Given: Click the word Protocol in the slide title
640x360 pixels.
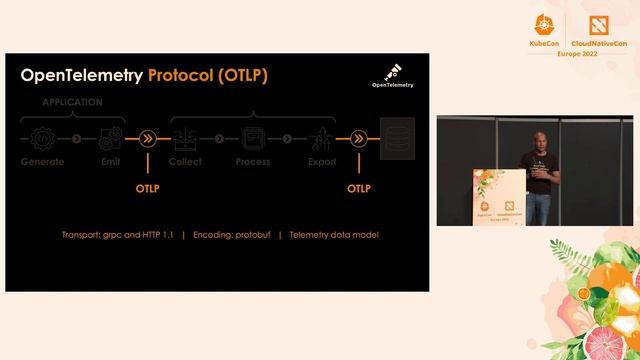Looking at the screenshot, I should (x=184, y=76).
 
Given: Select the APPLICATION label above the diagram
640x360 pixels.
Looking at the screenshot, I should (x=72, y=102).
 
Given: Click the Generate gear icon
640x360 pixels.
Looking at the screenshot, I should (x=43, y=138).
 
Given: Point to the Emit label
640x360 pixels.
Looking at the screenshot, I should (x=111, y=161).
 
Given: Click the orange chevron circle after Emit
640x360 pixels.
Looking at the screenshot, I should (x=147, y=139).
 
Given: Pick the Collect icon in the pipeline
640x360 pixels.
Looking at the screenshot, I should (x=185, y=138).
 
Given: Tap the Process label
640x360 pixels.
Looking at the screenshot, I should (x=252, y=161).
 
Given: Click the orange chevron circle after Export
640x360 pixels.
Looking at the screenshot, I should (x=358, y=139).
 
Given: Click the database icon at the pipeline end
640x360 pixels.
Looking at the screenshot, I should (x=398, y=140).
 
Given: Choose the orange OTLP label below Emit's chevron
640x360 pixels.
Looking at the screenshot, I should (x=148, y=187).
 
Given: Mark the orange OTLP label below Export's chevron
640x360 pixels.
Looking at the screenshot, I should (x=358, y=187).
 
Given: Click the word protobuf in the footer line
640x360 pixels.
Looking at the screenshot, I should (x=253, y=235).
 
